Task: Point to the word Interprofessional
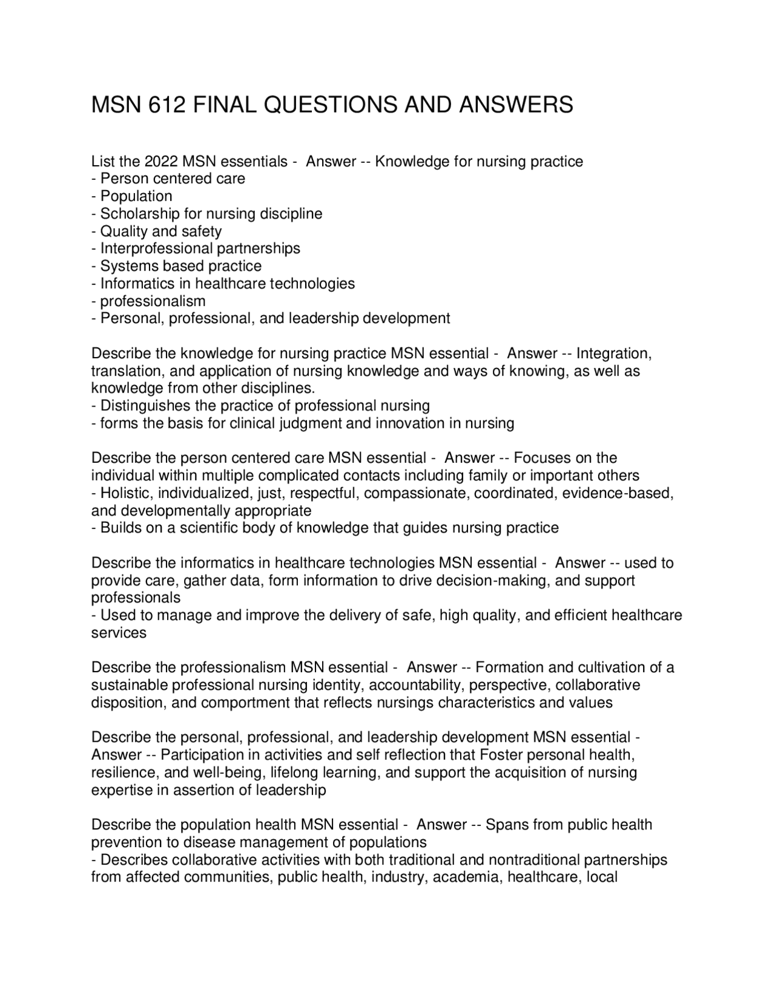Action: click(x=156, y=249)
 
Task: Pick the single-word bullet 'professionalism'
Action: click(x=153, y=301)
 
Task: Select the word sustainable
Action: click(x=130, y=685)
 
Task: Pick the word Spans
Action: click(x=507, y=825)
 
